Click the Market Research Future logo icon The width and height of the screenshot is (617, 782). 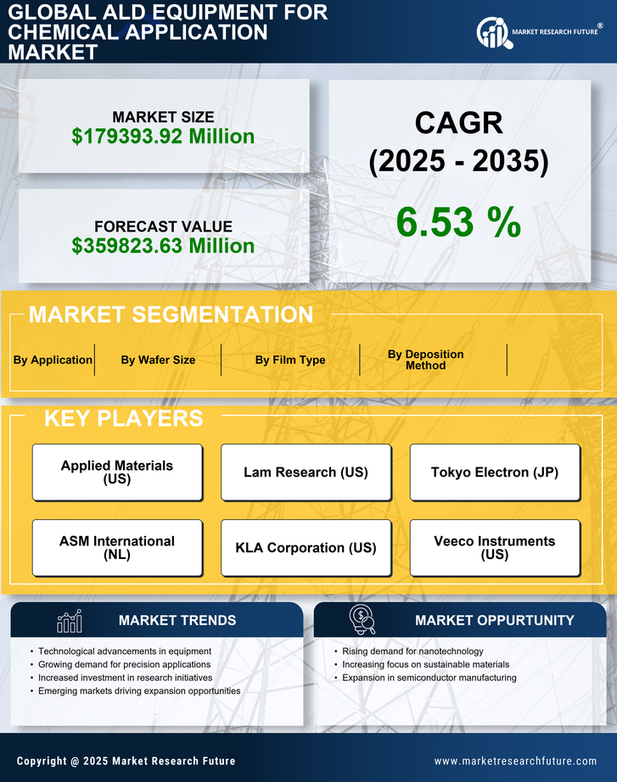[492, 32]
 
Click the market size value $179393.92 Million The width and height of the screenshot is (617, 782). [163, 137]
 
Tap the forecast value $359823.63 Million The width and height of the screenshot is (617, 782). [163, 246]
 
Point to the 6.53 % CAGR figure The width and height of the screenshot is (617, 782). [458, 222]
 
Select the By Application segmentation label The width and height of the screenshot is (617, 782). [53, 360]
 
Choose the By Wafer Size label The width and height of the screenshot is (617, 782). [158, 360]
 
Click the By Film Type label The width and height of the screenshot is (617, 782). [290, 360]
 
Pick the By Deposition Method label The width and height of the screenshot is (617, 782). [426, 360]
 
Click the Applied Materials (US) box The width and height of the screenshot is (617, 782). [117, 472]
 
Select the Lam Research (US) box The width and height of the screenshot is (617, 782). [306, 472]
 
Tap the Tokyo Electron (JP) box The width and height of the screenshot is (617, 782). [495, 472]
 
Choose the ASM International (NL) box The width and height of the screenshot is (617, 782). [117, 548]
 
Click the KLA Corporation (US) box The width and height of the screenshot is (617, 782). [306, 548]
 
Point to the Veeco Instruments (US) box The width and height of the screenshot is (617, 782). [495, 548]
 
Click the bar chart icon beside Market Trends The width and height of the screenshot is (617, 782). [69, 621]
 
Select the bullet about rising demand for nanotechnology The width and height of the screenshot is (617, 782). [412, 651]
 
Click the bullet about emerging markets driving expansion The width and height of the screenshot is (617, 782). [139, 691]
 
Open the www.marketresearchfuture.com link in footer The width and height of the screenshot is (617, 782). [515, 761]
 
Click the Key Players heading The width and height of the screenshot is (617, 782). [123, 418]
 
